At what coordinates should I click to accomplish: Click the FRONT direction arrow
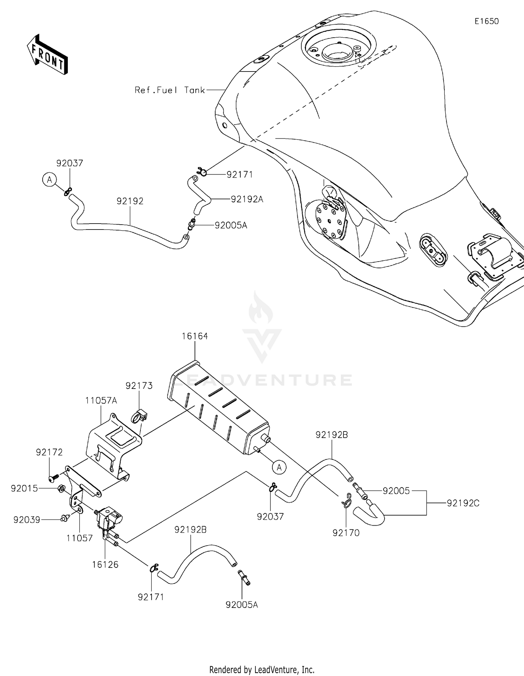click(x=47, y=55)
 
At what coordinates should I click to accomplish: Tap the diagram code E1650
click(x=486, y=21)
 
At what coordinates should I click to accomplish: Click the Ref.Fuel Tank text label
click(x=170, y=90)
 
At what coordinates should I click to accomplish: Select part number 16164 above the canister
click(x=195, y=336)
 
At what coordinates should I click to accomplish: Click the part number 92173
click(x=139, y=385)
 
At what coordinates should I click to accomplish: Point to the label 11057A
click(x=101, y=400)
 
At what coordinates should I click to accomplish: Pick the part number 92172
click(x=49, y=452)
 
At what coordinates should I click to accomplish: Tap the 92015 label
click(x=24, y=488)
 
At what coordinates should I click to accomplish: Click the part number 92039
click(x=27, y=520)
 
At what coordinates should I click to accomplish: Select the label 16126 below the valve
click(x=105, y=564)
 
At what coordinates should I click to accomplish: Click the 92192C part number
click(x=463, y=503)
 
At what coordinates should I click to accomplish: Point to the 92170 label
click(x=346, y=533)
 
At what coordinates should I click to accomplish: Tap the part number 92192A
click(x=247, y=199)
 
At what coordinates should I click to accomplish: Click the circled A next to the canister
click(x=279, y=467)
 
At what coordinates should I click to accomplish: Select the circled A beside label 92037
click(x=49, y=180)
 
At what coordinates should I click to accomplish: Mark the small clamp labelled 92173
click(x=139, y=416)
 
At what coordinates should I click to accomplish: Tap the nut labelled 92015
click(x=60, y=488)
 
